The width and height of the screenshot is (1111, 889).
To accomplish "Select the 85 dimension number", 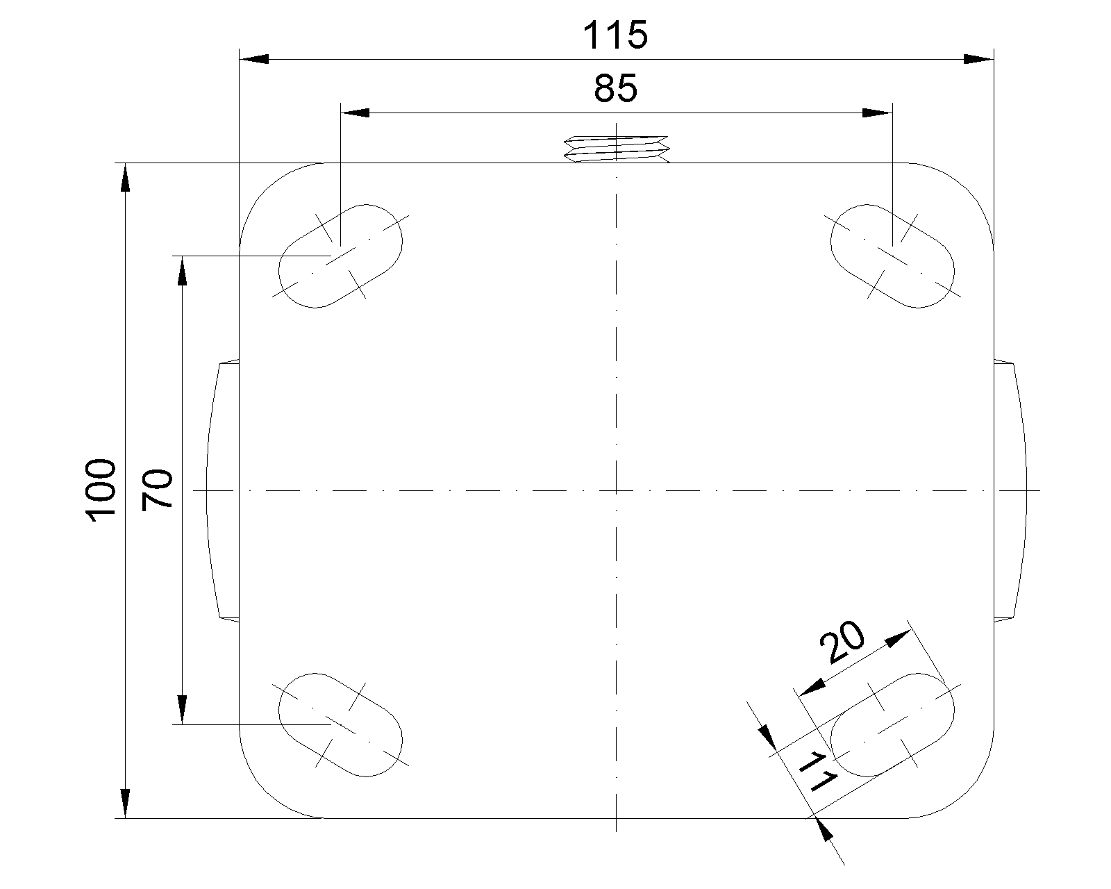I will point(615,88).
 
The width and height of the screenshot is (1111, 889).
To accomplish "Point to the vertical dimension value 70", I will point(157,490).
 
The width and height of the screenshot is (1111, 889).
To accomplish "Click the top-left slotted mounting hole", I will point(341,256).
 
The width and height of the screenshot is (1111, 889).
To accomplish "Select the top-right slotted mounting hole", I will point(892,256).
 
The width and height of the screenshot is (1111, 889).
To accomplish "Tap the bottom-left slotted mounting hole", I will point(341,724).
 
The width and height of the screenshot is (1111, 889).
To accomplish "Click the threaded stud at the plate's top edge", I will point(617,149).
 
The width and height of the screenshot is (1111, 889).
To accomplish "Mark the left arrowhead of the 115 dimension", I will point(253,60).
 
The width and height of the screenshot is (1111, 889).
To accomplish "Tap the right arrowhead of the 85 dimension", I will point(877,112).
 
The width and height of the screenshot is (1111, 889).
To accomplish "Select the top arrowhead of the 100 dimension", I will point(125,177).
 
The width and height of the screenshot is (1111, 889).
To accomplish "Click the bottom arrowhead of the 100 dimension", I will point(125,804).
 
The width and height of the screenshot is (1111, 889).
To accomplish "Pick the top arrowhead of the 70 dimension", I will point(182,271).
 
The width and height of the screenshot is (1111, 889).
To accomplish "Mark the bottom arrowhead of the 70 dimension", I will point(182,709).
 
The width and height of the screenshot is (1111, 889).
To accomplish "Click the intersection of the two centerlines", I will point(617,490).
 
